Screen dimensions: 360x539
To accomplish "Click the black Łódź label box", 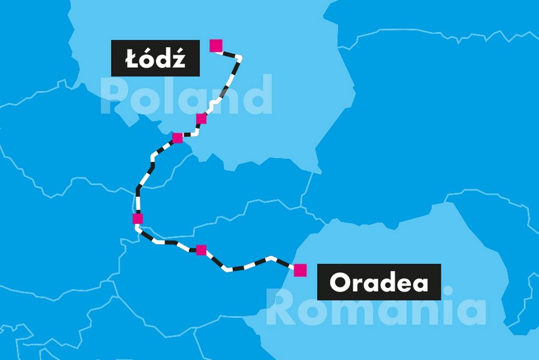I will pos(155,58).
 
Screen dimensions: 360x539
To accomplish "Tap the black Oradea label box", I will pos(379,282).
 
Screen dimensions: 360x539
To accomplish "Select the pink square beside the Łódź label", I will pos(216,45).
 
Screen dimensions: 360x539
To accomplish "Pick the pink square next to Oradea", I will pos(300,270).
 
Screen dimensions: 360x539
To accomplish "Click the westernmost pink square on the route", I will pos(138,219).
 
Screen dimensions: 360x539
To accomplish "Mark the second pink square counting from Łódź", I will pos(201,119).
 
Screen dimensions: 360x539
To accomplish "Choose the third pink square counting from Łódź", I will pos(177,138).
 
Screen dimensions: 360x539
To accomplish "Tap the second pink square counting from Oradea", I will pos(201,250).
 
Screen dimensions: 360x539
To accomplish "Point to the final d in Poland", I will pos(258,95).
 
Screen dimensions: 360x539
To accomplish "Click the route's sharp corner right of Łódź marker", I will pos(241,58).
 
